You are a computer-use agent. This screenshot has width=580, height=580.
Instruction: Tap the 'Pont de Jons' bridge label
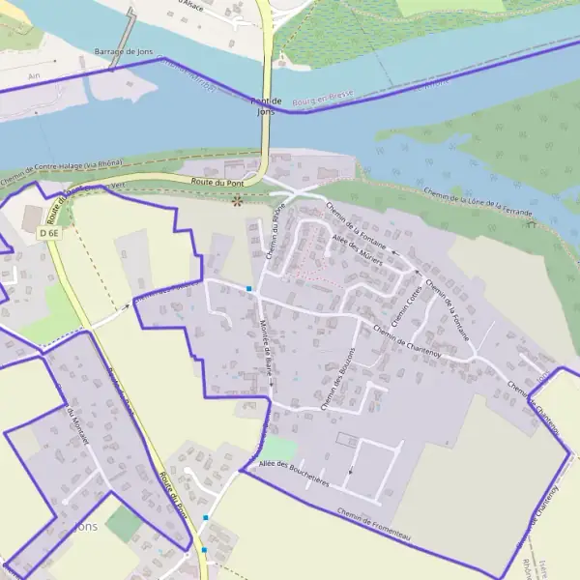point(264,106)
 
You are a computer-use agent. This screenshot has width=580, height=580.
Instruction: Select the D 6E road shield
point(49,233)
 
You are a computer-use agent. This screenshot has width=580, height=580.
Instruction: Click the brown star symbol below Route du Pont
point(238,201)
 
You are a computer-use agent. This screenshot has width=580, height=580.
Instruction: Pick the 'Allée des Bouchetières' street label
point(295,473)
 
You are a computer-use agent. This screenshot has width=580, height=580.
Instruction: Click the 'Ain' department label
point(35,73)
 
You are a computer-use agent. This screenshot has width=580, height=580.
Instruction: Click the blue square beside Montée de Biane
point(249,288)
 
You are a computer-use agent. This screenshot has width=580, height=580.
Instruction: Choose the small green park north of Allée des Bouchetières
point(278,448)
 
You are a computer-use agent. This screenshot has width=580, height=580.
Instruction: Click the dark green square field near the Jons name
point(123,524)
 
